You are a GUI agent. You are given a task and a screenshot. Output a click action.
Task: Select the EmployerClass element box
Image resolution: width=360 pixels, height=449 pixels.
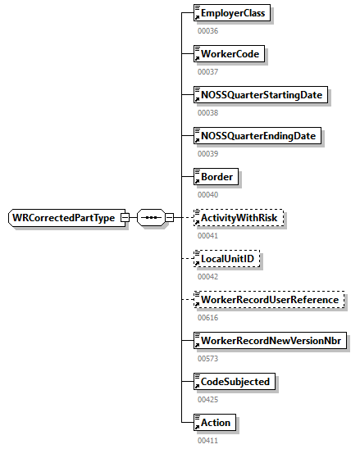point(230,13)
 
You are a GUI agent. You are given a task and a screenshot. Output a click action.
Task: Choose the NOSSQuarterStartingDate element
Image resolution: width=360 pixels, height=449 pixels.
point(259,95)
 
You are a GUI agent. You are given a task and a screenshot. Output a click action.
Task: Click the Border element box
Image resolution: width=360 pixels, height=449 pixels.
point(215,176)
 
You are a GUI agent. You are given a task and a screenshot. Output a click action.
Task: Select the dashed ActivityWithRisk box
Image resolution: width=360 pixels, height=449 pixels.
point(239,217)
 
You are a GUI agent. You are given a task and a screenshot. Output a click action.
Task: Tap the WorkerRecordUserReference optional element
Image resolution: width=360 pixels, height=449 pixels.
point(267,299)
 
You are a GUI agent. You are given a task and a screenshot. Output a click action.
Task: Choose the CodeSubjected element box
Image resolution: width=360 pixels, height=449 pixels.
point(232,381)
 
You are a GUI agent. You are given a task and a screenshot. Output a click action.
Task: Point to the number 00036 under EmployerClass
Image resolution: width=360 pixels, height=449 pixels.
point(208,31)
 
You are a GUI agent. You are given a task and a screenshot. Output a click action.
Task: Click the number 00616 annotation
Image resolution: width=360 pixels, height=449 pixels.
point(208,317)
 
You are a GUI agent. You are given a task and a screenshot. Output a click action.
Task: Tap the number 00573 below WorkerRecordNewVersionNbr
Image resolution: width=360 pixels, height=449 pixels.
point(208,358)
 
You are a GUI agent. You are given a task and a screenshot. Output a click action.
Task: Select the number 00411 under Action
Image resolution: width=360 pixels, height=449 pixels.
point(208,440)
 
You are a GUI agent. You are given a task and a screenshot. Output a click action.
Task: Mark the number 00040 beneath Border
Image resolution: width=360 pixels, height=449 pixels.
point(208,194)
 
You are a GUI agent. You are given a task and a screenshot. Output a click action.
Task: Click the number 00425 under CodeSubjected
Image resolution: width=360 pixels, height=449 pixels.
point(208,399)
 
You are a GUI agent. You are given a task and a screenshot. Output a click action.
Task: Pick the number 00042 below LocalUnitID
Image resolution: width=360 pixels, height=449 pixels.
point(208,276)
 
